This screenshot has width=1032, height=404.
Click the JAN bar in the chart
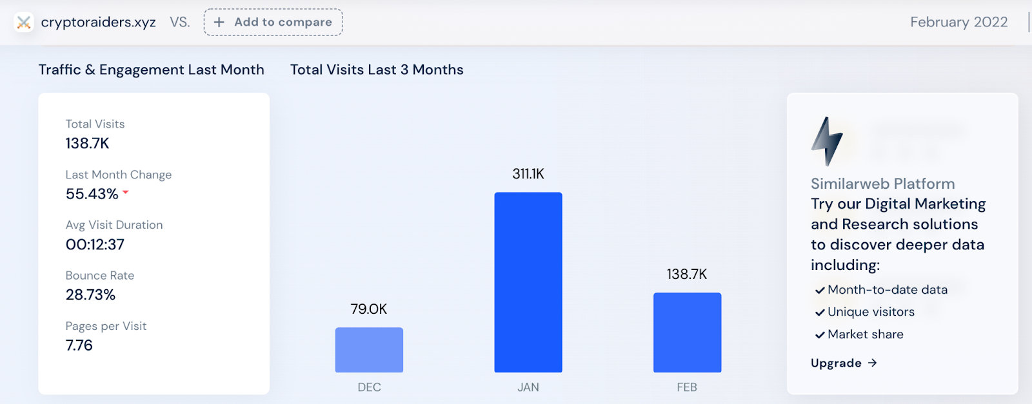point(528,282)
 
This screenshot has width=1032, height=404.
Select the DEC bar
point(369,350)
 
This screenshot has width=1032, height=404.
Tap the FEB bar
point(687,332)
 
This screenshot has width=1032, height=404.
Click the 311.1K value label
point(528,174)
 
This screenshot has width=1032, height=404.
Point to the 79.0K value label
point(369,309)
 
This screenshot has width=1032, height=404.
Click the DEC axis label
point(369,387)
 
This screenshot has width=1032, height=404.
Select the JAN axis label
point(528,387)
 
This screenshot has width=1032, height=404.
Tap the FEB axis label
point(687,387)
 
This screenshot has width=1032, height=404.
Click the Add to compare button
point(273,22)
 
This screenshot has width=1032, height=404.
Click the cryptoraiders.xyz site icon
point(24,23)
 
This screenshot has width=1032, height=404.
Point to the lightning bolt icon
point(826,141)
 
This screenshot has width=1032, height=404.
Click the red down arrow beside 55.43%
point(126,192)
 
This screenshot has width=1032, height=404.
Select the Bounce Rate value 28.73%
point(91,295)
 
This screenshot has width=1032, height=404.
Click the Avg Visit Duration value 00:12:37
point(95,245)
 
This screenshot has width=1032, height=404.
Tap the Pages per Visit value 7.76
point(79,345)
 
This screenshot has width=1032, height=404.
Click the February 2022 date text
point(958,23)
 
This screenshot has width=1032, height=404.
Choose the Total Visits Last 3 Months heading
point(377,70)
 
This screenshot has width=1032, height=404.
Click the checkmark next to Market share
point(820,335)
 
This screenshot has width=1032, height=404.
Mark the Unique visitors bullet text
point(871,312)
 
